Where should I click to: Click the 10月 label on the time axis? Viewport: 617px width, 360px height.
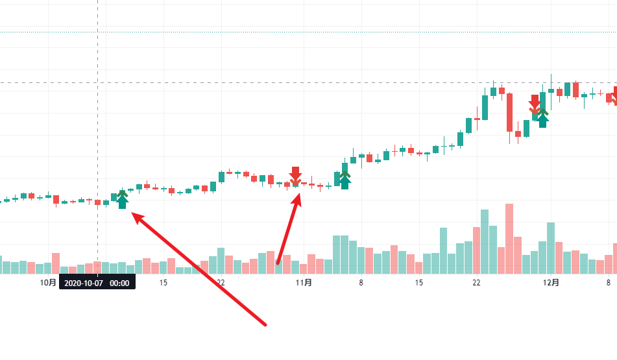[x=49, y=283]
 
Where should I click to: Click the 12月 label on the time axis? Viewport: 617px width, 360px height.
[x=551, y=283]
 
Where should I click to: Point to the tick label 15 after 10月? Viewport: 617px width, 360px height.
[x=163, y=283]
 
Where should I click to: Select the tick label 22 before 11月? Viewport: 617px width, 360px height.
[x=221, y=283]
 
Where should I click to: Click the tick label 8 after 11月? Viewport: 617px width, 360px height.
[x=361, y=283]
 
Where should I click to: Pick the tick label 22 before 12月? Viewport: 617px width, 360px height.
[x=476, y=283]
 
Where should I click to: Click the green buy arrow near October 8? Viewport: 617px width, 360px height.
[x=122, y=200]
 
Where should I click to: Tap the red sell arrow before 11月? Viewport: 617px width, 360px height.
[x=296, y=175]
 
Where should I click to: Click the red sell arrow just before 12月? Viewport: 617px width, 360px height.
[x=535, y=104]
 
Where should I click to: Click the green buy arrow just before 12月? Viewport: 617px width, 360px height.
[x=543, y=118]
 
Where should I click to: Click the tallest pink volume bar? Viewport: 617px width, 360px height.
[x=509, y=239]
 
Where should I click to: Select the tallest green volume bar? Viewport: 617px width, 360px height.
[x=484, y=241]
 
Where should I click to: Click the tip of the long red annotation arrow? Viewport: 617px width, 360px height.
[x=134, y=215]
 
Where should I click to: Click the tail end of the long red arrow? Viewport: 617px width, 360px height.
[x=266, y=324]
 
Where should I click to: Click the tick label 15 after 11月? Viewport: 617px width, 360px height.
[x=419, y=283]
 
